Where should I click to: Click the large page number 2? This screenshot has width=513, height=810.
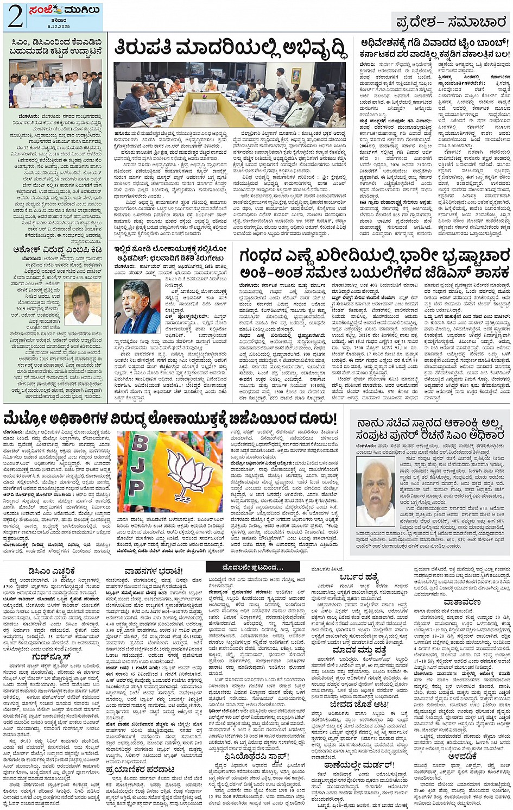15,17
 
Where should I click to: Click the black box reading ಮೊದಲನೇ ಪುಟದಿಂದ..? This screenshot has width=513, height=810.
252,568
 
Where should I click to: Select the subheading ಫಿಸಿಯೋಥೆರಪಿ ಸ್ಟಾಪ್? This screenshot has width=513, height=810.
256,756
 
